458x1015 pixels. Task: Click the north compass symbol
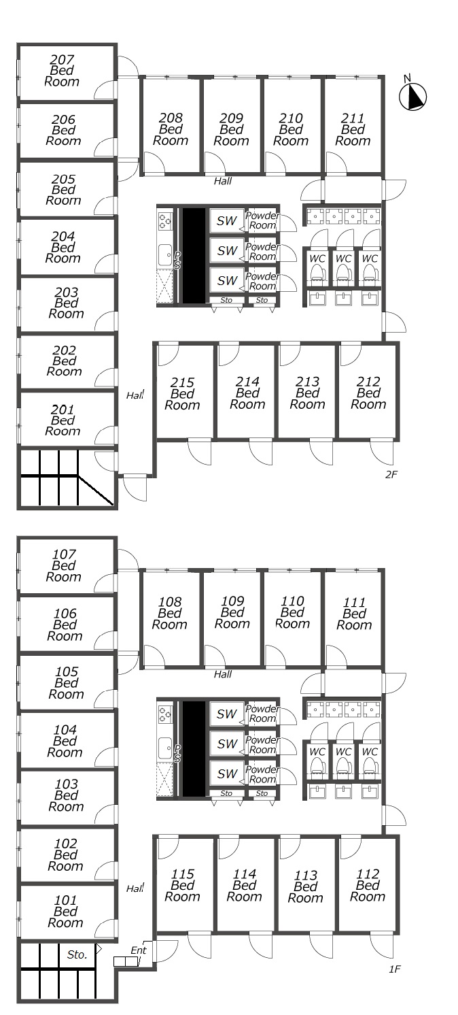(x=412, y=96)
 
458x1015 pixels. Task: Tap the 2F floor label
(x=391, y=474)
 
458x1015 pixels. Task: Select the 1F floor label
(x=395, y=969)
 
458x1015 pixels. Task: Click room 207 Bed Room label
(x=62, y=71)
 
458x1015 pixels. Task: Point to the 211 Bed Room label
(x=353, y=129)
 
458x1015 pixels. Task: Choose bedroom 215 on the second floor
(x=182, y=394)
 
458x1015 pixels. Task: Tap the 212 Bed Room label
(x=368, y=393)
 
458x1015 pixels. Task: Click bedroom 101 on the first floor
(x=66, y=912)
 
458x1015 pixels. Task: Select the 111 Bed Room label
(x=354, y=614)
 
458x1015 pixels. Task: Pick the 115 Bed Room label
(x=182, y=886)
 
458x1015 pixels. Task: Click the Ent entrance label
(x=139, y=950)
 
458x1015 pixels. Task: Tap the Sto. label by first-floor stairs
(x=77, y=954)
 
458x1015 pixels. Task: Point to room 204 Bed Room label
(x=63, y=248)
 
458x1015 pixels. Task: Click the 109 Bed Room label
(x=232, y=613)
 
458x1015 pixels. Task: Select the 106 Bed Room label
(x=65, y=625)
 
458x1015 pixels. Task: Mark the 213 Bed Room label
(x=307, y=393)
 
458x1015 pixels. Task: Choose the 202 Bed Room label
(x=65, y=361)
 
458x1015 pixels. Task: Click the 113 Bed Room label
(x=306, y=887)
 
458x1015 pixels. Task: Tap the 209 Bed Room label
(x=231, y=129)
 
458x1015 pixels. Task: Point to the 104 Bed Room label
(x=65, y=742)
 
